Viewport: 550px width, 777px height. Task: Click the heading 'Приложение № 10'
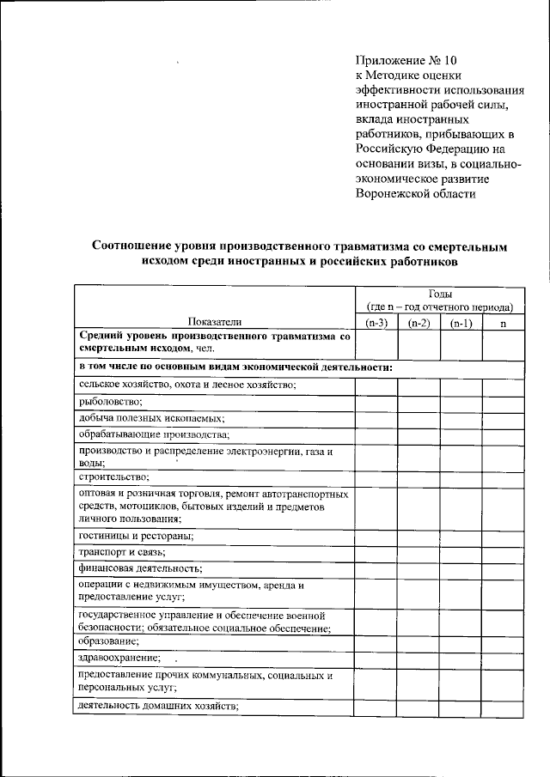coord(408,60)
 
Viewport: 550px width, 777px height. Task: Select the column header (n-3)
coord(376,323)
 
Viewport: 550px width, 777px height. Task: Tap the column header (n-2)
coord(419,323)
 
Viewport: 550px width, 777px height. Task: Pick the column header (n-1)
coord(461,323)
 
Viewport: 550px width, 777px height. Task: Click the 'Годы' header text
coord(439,294)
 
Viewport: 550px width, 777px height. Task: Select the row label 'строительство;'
coord(113,476)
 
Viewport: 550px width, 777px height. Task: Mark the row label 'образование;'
coord(108,641)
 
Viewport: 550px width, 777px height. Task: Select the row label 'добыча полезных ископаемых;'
coord(151,418)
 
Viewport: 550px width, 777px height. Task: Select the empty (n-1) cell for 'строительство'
coord(461,476)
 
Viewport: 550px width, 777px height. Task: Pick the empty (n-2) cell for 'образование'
coord(419,641)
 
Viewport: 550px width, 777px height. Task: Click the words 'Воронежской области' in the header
coord(415,194)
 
